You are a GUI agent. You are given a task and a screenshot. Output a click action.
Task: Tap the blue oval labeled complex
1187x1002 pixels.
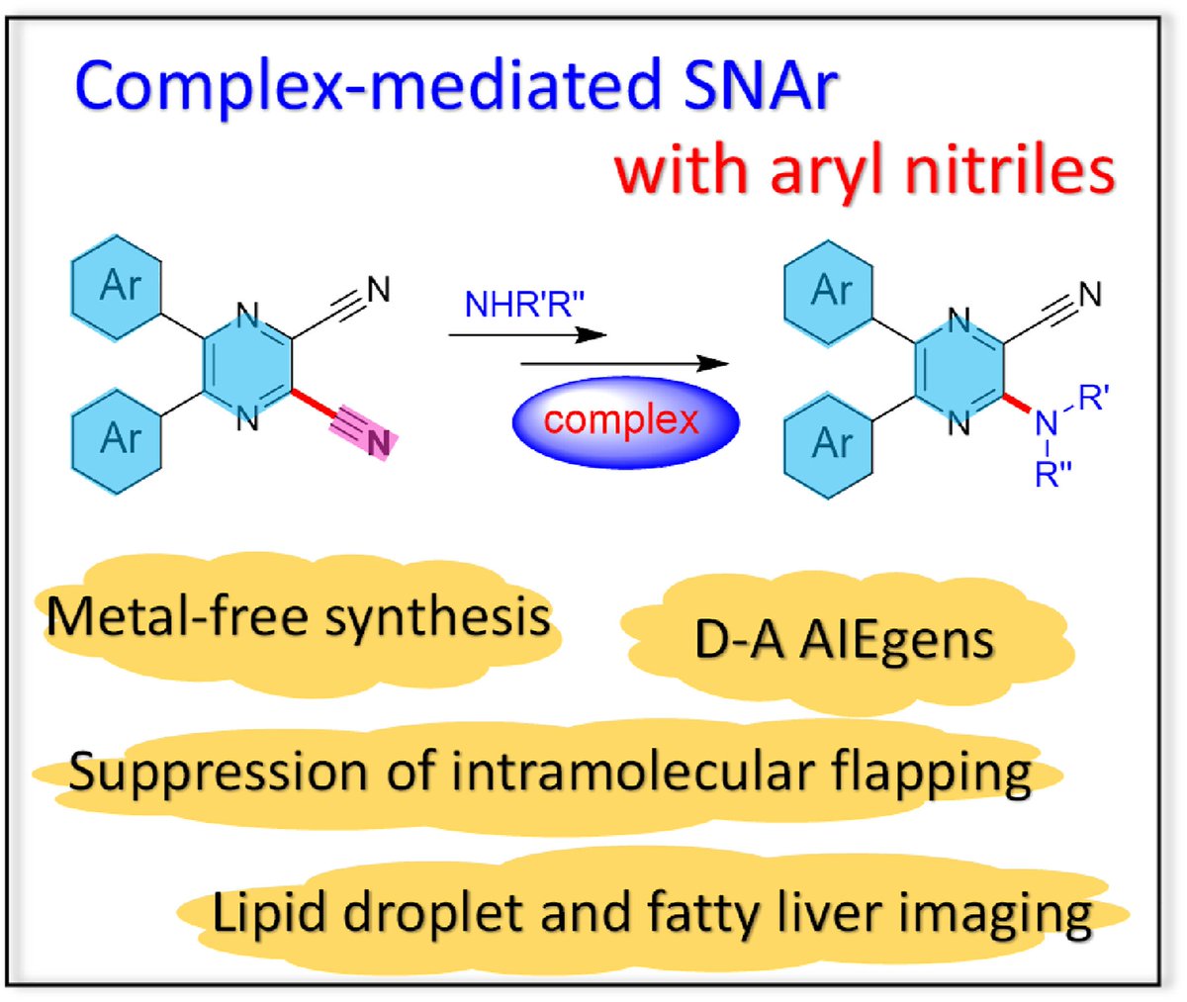coord(624,420)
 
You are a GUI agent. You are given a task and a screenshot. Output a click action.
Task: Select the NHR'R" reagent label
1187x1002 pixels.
coord(525,305)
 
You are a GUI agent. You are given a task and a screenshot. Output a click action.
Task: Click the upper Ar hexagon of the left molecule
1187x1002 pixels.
coord(118,286)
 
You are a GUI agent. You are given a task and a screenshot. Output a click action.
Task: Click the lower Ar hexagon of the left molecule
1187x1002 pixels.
coord(118,437)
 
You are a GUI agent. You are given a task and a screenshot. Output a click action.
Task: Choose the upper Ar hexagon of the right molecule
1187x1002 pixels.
coord(830,291)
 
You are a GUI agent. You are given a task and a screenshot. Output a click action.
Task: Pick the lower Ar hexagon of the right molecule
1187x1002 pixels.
coord(830,442)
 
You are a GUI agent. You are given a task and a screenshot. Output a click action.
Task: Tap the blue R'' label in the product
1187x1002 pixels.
coord(1053,476)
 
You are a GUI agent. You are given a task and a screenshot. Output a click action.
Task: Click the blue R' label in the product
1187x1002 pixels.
coord(1093,401)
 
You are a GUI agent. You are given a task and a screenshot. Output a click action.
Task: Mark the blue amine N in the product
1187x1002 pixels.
coord(1046,424)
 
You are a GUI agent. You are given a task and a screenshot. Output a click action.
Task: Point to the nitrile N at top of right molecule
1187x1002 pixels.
coord(1089,295)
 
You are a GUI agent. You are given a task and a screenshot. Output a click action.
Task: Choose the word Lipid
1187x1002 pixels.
coord(261,912)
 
